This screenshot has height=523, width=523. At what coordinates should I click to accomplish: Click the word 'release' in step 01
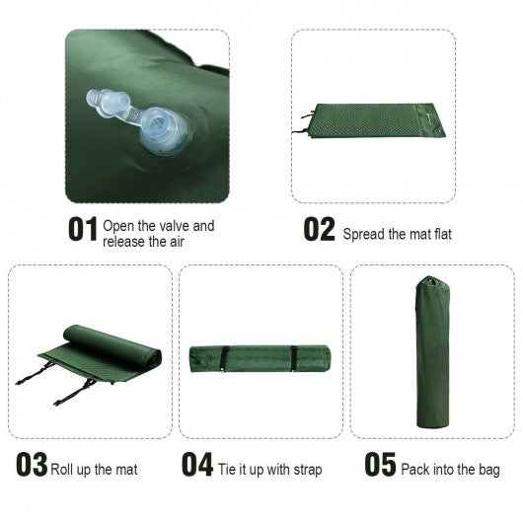coord(123,241)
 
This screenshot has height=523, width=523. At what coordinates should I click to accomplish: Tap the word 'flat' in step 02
coord(435,235)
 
